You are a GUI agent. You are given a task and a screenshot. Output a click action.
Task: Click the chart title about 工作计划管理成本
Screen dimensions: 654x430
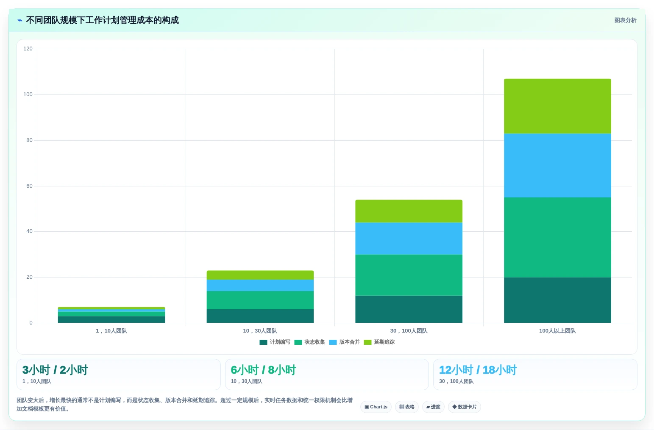coord(102,20)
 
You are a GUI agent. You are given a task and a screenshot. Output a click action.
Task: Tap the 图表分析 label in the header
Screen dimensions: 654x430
coord(625,20)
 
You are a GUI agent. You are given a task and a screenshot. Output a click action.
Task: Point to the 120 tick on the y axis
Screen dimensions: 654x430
coord(28,48)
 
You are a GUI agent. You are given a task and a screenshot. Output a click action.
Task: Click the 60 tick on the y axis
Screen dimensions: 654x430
coord(29,186)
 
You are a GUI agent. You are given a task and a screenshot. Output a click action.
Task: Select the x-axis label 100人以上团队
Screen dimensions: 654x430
coord(557,331)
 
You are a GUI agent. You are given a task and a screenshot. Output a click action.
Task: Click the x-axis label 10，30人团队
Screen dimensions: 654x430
coord(260,331)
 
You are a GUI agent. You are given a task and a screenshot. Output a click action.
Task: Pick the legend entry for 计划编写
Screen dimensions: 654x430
coord(275,342)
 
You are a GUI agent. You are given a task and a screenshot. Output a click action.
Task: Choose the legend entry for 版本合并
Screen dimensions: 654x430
coord(344,342)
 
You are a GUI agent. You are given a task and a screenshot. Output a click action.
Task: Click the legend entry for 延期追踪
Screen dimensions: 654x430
coord(379,342)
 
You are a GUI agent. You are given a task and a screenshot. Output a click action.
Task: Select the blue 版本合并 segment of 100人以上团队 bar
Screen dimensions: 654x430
coord(557,166)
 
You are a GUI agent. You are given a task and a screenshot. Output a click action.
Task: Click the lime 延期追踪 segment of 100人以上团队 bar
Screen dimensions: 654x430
coord(557,106)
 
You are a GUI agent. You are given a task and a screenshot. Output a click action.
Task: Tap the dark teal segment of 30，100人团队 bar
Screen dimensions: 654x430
coord(409,309)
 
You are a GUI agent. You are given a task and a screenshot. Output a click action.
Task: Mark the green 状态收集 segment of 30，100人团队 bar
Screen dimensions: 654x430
coord(409,275)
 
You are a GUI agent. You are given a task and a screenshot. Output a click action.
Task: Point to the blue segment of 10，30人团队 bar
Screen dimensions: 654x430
coord(260,285)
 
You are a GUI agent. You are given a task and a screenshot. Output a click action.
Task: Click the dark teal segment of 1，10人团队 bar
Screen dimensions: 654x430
coord(111,319)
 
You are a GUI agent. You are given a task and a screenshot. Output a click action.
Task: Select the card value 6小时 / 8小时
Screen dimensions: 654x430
coord(263,370)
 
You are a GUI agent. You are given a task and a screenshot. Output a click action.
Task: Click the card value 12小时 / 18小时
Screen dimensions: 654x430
coord(478,370)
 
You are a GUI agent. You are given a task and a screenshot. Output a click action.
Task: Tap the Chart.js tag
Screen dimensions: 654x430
coord(376,407)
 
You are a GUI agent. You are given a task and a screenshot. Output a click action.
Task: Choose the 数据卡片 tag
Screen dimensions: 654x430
coord(464,407)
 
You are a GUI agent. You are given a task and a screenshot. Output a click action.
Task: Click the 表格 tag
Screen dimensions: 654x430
coord(407,407)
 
